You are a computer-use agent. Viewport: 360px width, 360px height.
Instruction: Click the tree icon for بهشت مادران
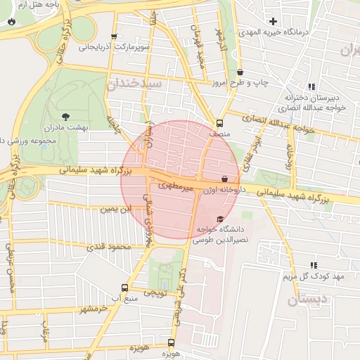(66, 116)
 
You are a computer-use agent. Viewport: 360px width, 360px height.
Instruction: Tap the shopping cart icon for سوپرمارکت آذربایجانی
(114, 37)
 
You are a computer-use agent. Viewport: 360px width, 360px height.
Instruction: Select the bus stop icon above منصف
(220, 122)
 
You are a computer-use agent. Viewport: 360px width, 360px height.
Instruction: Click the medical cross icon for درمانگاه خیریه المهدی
(273, 22)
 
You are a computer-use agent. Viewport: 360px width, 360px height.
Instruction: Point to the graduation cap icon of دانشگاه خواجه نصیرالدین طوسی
(220, 219)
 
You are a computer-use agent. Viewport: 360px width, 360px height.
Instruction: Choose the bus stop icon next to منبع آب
(124, 288)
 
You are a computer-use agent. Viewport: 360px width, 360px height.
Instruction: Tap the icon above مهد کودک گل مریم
(313, 265)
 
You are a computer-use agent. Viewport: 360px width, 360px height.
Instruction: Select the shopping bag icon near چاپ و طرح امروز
(240, 72)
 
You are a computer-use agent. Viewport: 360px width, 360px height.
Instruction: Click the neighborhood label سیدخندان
(134, 84)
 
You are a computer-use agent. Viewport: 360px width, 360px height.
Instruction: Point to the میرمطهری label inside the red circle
(173, 186)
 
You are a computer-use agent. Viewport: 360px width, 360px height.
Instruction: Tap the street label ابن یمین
(116, 209)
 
